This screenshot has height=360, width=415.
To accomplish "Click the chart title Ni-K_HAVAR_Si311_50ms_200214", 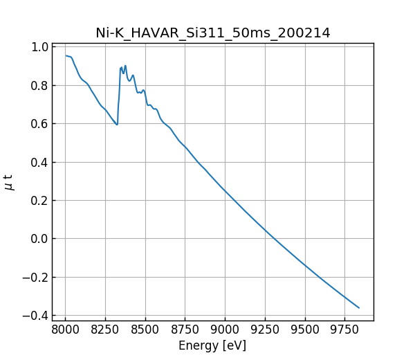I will [212, 33].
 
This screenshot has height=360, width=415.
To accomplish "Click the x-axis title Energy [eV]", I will [212, 345].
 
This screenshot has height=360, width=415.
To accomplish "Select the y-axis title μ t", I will [9, 182].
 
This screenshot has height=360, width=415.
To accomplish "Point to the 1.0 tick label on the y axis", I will [41, 47].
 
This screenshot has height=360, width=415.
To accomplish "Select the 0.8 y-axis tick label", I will [41, 86].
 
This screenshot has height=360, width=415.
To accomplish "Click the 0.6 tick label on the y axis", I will [41, 124].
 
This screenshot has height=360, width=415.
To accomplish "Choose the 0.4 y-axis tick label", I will [41, 162].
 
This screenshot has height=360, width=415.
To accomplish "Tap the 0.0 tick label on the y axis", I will [41, 239].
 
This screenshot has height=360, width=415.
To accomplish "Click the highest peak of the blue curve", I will [125, 66].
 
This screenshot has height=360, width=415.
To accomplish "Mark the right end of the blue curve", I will [359, 308].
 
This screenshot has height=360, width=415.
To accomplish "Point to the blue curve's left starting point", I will [66, 55].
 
